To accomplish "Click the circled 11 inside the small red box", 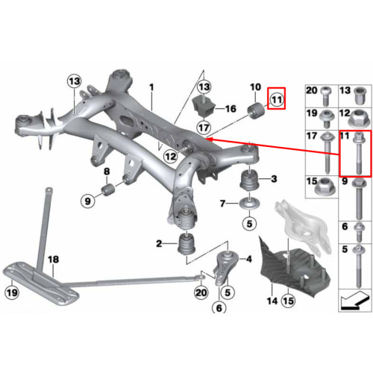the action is (x=277, y=100).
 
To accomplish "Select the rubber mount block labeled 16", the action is (x=204, y=107).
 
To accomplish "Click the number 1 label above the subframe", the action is (x=151, y=87).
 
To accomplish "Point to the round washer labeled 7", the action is (x=249, y=204).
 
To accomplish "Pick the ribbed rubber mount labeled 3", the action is (x=249, y=180).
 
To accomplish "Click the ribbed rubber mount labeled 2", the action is (x=186, y=243).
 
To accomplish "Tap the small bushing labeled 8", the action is (x=107, y=189).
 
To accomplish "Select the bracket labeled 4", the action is (x=226, y=267).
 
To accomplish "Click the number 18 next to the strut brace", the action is (x=53, y=260).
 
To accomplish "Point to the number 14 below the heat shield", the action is (x=272, y=301).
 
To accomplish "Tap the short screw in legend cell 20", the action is (x=325, y=96).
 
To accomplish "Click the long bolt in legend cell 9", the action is (x=359, y=199).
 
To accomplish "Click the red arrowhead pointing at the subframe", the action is (x=209, y=140).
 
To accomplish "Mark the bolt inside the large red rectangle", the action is (x=359, y=154).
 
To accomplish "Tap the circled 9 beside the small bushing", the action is (x=88, y=201).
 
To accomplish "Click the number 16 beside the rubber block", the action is (x=231, y=109).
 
